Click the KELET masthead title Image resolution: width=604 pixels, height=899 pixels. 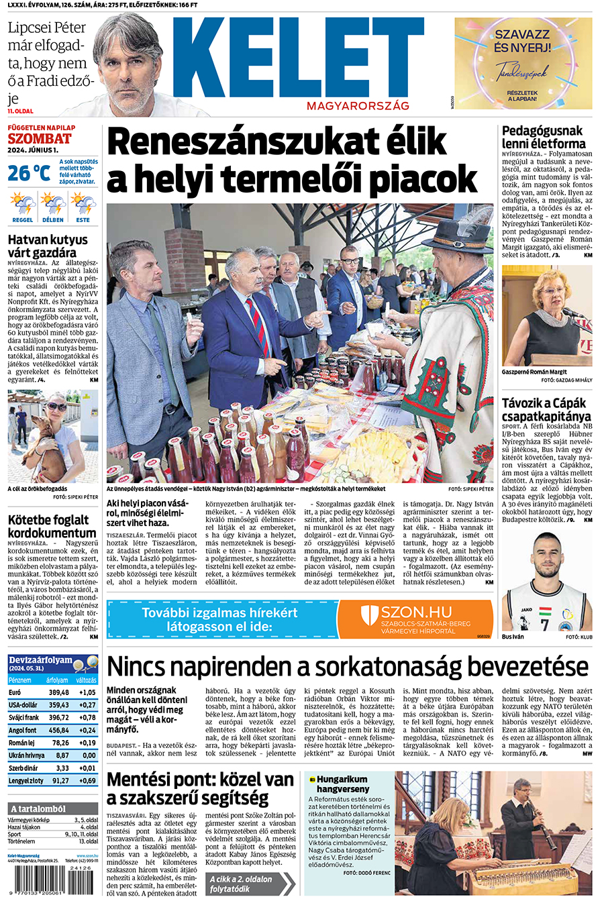point(299,59)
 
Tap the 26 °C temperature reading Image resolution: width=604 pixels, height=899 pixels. point(29,173)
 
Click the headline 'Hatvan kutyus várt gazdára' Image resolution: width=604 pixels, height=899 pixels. point(48,246)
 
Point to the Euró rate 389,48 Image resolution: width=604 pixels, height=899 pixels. point(58,692)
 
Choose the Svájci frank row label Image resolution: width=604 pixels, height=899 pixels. point(23,718)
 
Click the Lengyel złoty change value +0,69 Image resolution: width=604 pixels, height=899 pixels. point(87,781)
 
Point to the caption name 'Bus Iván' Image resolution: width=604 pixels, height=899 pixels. point(513,637)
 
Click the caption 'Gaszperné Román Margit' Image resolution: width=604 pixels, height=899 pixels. point(534,372)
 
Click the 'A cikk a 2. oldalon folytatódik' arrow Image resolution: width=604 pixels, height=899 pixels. point(250,884)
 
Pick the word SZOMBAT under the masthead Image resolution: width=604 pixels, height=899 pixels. point(40,139)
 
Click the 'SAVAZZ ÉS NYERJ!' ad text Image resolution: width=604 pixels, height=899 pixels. point(522,40)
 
